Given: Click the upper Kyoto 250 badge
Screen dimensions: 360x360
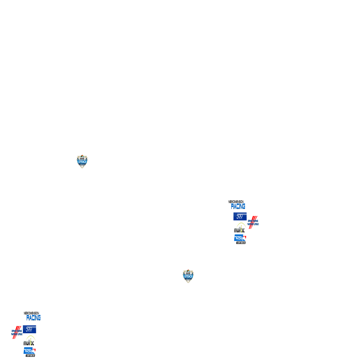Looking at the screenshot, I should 82,161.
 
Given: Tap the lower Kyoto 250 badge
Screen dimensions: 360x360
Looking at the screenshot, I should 188,276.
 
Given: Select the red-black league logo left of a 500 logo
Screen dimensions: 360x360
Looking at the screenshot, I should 17,332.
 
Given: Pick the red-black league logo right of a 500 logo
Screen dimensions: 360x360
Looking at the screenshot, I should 253,222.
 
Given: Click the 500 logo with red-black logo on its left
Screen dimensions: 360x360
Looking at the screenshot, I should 30,329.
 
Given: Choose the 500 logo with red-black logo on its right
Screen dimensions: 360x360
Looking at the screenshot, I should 240,216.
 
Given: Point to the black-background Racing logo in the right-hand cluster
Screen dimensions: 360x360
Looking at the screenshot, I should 237,204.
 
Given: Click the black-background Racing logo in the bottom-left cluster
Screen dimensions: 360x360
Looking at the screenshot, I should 32,316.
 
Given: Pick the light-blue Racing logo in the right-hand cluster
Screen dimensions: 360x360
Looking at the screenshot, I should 240,238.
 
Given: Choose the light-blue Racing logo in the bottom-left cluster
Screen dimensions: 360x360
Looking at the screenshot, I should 30,351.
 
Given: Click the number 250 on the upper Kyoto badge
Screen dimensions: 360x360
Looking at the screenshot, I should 82,162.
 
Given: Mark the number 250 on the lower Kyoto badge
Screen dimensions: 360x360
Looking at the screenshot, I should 188,276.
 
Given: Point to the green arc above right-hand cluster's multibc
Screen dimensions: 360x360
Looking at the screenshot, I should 240,224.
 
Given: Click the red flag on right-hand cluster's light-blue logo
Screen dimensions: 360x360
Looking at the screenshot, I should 245,237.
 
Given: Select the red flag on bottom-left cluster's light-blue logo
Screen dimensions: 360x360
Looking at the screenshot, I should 34,349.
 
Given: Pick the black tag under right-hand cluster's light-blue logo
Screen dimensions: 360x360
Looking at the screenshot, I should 241,243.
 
